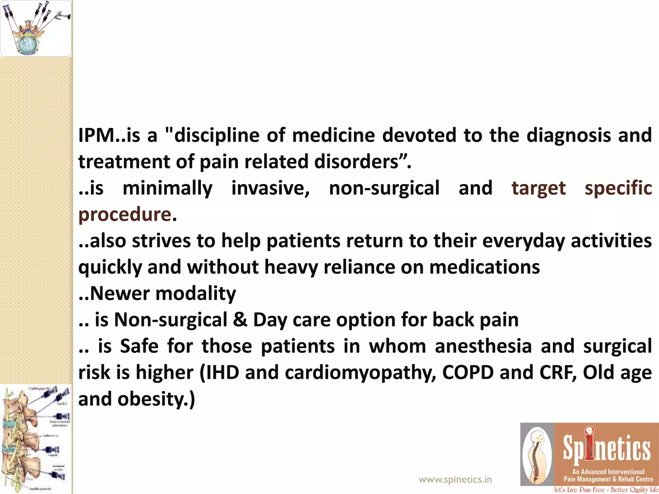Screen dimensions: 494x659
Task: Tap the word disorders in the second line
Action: click(x=357, y=161)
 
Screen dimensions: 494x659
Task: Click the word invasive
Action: click(x=270, y=188)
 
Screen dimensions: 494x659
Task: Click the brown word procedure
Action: click(x=125, y=215)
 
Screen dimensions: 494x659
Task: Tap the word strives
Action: click(x=161, y=241)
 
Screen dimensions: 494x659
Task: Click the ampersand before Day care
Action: click(x=240, y=320)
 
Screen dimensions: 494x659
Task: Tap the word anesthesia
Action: click(x=483, y=346)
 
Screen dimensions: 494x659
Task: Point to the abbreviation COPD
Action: click(x=468, y=372)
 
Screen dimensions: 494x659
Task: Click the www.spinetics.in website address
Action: click(x=455, y=480)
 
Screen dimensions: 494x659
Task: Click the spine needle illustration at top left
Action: click(x=35, y=28)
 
